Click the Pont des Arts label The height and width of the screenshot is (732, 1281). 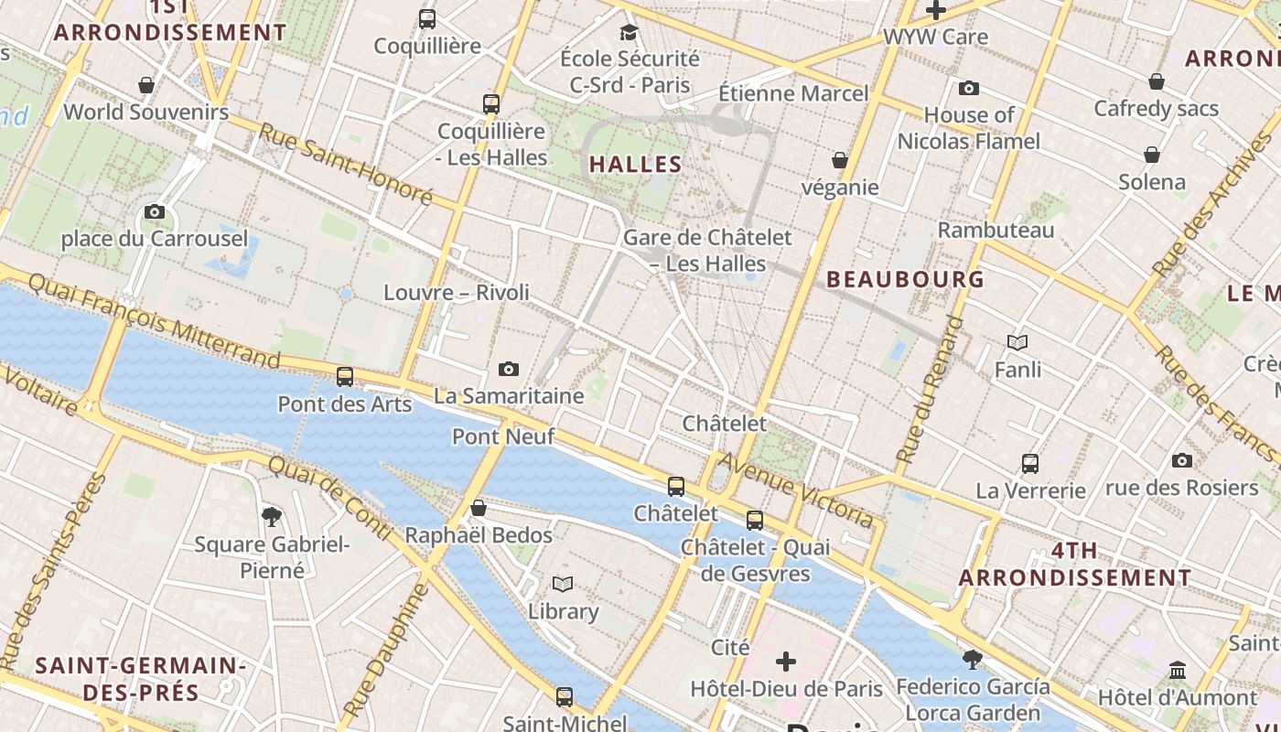point(345,404)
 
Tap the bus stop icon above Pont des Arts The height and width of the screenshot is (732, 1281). point(345,376)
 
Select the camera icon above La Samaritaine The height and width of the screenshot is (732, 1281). point(509,369)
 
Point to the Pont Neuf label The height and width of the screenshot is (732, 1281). point(503,436)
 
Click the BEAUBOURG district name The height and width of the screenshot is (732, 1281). point(905,279)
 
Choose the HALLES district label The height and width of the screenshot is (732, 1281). point(636,165)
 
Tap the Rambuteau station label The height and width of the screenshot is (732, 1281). point(996,230)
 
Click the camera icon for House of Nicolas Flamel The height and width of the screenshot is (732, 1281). point(969,89)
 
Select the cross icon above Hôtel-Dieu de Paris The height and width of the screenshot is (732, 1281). point(786,661)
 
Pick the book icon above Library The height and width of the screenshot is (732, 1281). point(563,584)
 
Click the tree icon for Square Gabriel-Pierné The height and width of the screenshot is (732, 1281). point(272,517)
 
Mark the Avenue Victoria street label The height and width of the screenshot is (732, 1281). point(796,490)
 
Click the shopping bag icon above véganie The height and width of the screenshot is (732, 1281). point(840,160)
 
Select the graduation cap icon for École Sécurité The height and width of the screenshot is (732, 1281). point(630,33)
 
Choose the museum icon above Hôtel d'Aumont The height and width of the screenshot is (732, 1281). point(1178,670)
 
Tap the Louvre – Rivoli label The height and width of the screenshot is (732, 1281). point(457,293)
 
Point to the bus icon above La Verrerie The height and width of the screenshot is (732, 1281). point(1030,463)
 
